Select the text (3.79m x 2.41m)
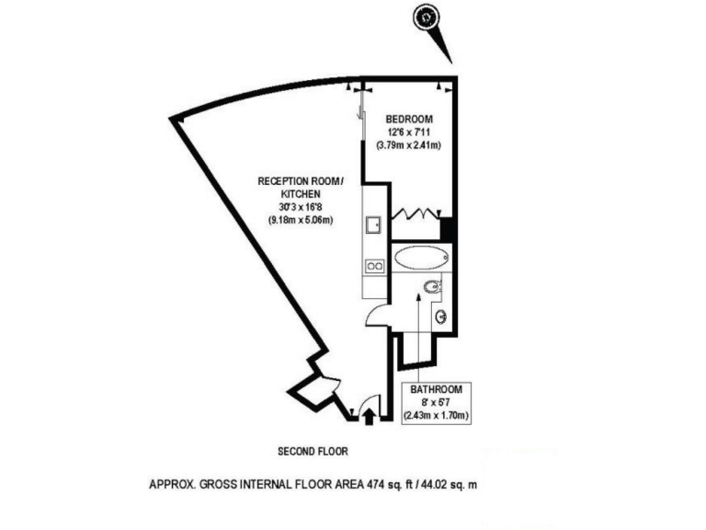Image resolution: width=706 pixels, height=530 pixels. tap(409, 145)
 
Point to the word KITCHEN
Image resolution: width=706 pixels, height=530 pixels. tap(301, 194)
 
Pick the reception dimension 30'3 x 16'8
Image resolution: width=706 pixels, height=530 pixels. tap(300, 207)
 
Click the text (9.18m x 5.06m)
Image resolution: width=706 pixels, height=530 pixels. tap(300, 220)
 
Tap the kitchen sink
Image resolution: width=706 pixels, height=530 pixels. tap(374, 225)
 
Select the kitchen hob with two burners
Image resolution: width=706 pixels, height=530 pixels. tap(374, 266)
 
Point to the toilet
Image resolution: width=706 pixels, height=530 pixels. tap(433, 288)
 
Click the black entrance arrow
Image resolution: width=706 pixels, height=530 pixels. tap(370, 417)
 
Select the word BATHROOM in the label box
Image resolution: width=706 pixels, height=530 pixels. tap(437, 389)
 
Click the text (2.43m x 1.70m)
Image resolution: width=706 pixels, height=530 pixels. tap(437, 415)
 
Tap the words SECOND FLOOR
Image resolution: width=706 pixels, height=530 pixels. tap(313, 452)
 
